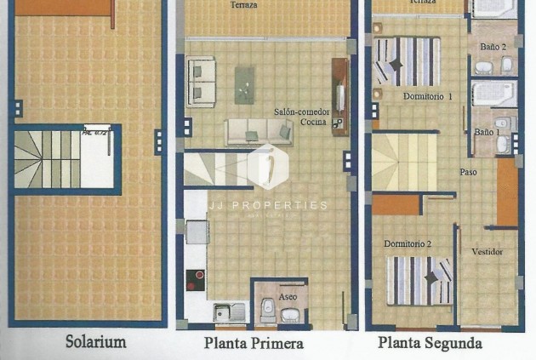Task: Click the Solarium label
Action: (96, 342)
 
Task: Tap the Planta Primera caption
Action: (254, 343)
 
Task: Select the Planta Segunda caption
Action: (430, 343)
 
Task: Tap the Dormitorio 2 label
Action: (408, 244)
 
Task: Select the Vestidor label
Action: (487, 252)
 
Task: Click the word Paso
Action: (468, 172)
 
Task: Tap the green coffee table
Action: (244, 84)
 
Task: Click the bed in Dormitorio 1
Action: (407, 61)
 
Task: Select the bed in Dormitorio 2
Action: (419, 280)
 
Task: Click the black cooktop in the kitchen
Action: (196, 280)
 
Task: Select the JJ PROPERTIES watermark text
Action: (268, 205)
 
